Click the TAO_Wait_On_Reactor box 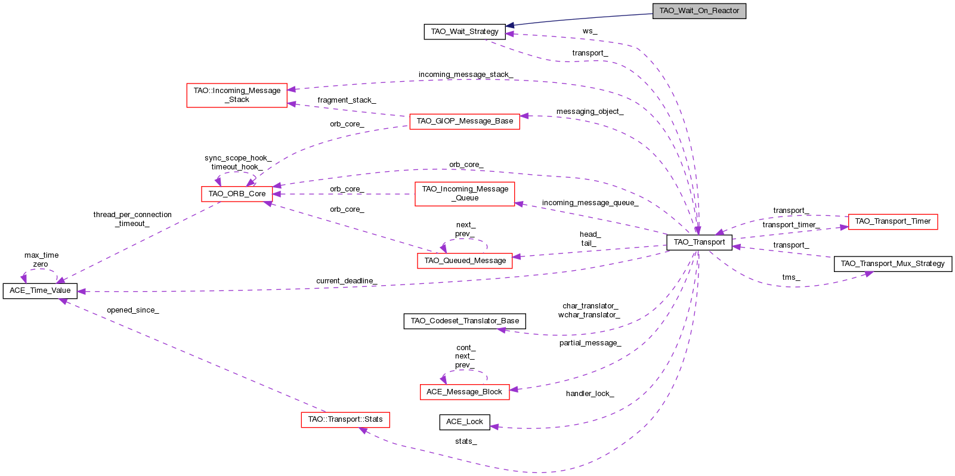pyautogui.click(x=699, y=11)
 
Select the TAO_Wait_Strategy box pyautogui.click(x=465, y=32)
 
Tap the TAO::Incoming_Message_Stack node pyautogui.click(x=237, y=95)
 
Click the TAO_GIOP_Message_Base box pyautogui.click(x=465, y=121)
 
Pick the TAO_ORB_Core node pyautogui.click(x=237, y=194)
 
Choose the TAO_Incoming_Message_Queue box pyautogui.click(x=465, y=194)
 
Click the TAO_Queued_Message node pyautogui.click(x=465, y=261)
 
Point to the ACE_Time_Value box pyautogui.click(x=40, y=290)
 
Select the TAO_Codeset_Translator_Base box pyautogui.click(x=465, y=321)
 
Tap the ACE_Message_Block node pyautogui.click(x=464, y=392)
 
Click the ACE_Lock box pyautogui.click(x=465, y=422)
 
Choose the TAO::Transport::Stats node pyautogui.click(x=345, y=419)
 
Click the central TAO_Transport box pyautogui.click(x=699, y=242)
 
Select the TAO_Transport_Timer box pyautogui.click(x=892, y=221)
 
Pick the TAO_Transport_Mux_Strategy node pyautogui.click(x=892, y=264)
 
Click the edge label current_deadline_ pyautogui.click(x=346, y=281)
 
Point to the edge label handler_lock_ pyautogui.click(x=589, y=394)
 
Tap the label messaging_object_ pyautogui.click(x=589, y=112)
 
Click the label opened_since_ pyautogui.click(x=132, y=310)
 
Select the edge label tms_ pyautogui.click(x=791, y=277)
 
